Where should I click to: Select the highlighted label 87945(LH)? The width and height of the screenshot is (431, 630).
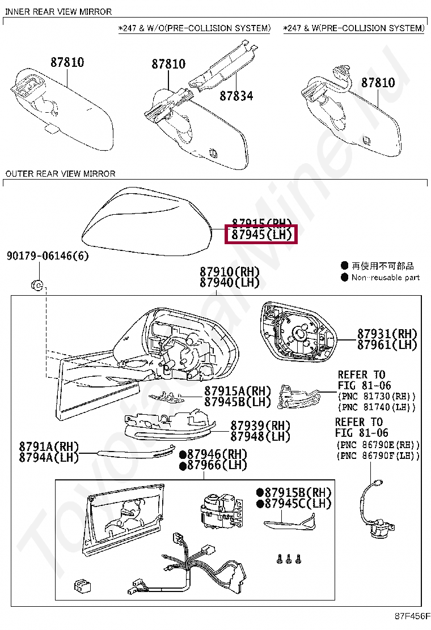click(261, 234)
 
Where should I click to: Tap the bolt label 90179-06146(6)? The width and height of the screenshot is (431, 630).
click(48, 256)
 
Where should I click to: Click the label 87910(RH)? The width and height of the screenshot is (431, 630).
click(229, 272)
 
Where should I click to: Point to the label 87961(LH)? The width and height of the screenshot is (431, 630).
click(387, 344)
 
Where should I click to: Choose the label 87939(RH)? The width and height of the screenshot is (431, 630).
click(260, 425)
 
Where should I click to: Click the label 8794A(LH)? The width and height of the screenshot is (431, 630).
click(49, 457)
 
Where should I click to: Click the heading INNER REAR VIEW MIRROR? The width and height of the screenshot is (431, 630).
click(58, 11)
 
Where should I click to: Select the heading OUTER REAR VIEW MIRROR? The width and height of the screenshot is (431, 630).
click(60, 173)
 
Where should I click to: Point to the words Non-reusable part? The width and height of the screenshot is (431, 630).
click(386, 277)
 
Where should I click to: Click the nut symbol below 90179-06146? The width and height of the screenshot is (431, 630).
click(36, 285)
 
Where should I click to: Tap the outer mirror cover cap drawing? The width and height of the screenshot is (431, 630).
click(147, 221)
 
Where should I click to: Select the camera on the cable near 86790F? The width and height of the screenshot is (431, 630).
click(378, 530)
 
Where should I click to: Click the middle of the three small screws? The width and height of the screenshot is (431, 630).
click(288, 559)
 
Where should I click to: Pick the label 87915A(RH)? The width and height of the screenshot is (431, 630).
click(238, 391)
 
